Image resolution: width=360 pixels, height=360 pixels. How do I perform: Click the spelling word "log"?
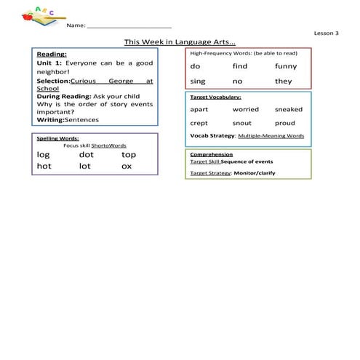pos(43,155)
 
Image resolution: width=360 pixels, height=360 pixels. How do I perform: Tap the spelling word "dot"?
pos(86,154)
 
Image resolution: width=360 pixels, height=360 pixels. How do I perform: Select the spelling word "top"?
pos(129,155)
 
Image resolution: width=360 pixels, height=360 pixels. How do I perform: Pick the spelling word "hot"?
pos(44,167)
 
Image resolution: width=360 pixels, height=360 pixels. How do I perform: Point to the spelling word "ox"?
pos(127,167)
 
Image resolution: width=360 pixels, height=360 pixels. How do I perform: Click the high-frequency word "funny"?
pos(285,66)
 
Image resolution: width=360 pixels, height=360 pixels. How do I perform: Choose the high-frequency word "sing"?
pos(198,81)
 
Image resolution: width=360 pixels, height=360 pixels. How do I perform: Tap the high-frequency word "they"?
pos(283,81)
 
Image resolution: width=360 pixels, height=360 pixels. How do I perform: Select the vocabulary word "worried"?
pos(245,109)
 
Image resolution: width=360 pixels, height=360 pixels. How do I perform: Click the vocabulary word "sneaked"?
pos(288,109)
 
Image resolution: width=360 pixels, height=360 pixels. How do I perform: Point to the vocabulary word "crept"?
pos(199,124)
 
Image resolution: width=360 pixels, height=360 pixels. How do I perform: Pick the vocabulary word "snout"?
pos(241,124)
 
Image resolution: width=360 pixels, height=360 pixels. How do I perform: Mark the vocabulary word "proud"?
pos(284,124)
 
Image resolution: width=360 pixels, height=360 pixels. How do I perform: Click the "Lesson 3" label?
pos(326,33)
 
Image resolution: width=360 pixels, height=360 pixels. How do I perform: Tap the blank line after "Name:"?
pos(129,25)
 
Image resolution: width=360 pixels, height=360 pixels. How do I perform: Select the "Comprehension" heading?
pos(211,155)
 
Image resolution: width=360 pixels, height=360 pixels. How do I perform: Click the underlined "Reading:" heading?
pos(52,54)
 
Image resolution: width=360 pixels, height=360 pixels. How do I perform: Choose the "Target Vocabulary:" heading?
pos(215,97)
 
